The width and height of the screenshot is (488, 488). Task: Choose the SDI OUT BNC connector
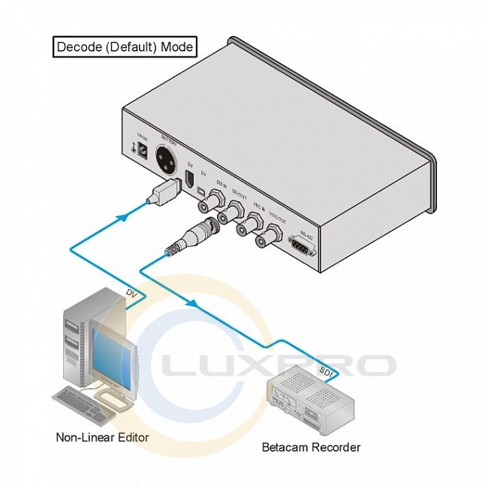tap(227, 214)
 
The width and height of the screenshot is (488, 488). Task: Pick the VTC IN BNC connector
tap(248, 226)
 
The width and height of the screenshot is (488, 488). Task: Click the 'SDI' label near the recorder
tap(326, 371)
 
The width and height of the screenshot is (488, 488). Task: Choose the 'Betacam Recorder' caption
tap(311, 447)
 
